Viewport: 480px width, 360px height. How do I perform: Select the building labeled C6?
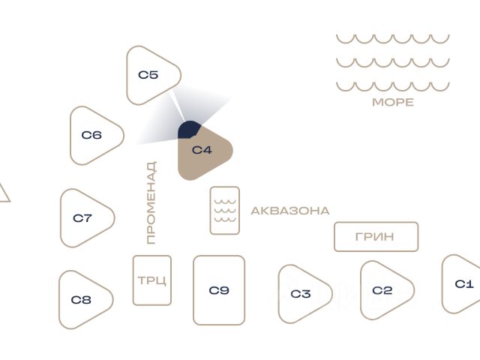coord(94,136)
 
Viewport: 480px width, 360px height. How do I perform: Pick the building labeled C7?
coord(85,218)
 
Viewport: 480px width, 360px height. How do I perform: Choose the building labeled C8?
coord(83,300)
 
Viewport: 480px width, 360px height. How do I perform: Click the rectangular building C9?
coord(219,290)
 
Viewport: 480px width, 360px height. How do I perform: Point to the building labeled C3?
coord(301,293)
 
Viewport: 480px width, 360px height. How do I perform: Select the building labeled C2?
coord(383,290)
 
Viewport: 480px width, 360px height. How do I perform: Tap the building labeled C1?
coord(463,284)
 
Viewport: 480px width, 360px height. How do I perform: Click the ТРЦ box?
coord(152,280)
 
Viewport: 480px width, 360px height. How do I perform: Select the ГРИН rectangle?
coord(376,237)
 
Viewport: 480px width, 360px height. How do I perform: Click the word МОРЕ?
coord(393,103)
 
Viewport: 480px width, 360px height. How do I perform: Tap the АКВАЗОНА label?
coord(290,211)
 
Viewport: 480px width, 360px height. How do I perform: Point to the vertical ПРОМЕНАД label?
coord(151,202)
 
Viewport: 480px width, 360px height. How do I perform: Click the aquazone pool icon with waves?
coord(225,210)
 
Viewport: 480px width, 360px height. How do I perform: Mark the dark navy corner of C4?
coord(188,130)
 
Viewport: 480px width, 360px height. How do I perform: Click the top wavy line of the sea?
coord(392,38)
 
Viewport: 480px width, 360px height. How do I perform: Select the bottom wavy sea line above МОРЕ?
coord(392,86)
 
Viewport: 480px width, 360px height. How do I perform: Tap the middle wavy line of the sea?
coord(392,62)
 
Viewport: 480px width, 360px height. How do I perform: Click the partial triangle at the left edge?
coord(4,193)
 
